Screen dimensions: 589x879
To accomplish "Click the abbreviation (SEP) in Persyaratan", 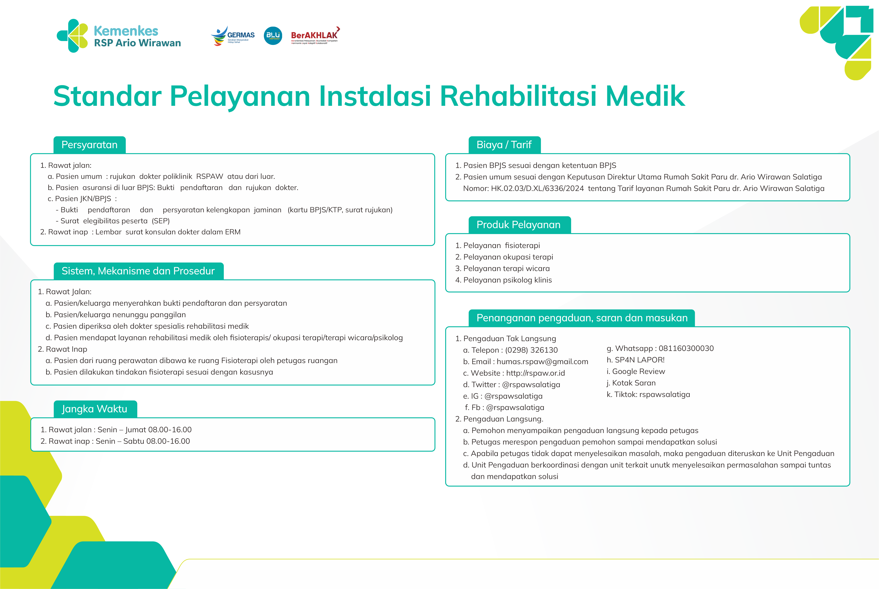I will point(161,221).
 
